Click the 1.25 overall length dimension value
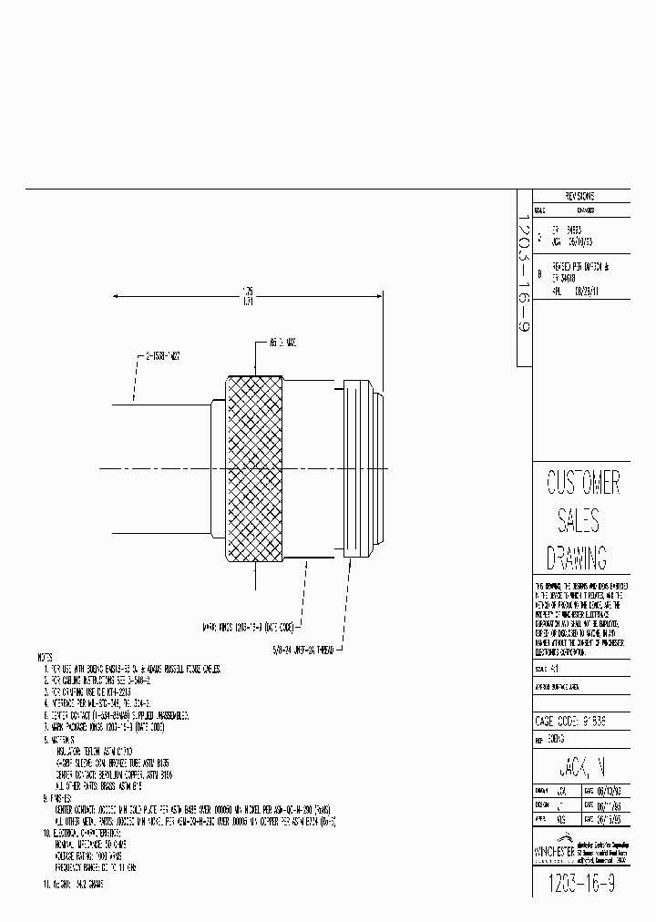pyautogui.click(x=247, y=292)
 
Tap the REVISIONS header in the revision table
pyautogui.click(x=579, y=196)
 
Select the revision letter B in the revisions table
pyautogui.click(x=540, y=273)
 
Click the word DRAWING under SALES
pyautogui.click(x=576, y=558)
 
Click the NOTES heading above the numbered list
pyautogui.click(x=45, y=658)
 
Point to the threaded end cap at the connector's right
pyautogui.click(x=362, y=468)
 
